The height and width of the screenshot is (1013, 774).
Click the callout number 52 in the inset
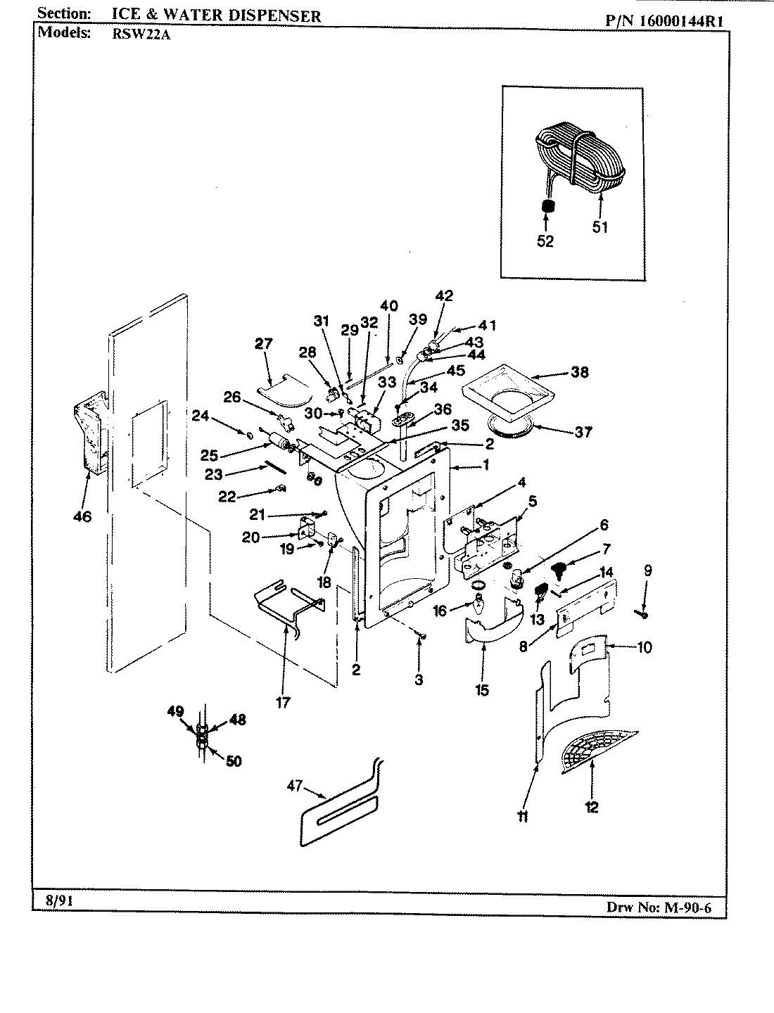point(545,241)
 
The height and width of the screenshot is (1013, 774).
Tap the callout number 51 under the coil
point(599,227)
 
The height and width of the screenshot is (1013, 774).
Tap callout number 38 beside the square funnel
point(580,373)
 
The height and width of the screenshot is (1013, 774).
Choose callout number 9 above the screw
point(647,571)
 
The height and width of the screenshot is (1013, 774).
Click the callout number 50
point(233,761)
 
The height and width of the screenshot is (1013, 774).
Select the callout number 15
point(482,690)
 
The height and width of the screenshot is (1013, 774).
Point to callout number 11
point(522,817)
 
